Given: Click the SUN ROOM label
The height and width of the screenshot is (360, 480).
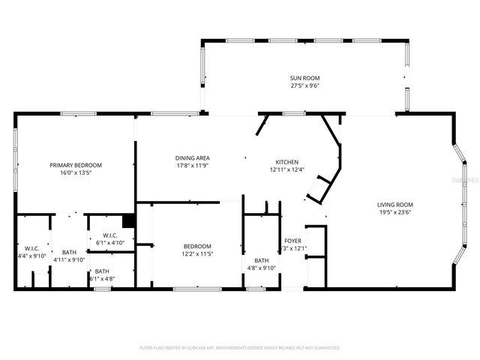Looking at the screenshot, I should (305, 78).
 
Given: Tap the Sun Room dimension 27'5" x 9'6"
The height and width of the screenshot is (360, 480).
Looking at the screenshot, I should (305, 85).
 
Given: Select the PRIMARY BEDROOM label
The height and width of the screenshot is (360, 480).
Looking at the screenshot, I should (76, 165).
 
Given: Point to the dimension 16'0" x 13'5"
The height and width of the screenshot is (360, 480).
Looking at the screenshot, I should (76, 172).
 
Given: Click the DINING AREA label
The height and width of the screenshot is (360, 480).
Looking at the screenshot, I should (193, 157).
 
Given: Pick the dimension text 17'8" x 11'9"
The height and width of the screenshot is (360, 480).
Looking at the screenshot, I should (193, 165).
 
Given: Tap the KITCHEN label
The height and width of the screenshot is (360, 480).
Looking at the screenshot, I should (286, 162).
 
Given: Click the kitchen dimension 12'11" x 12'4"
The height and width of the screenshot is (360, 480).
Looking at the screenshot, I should (286, 169).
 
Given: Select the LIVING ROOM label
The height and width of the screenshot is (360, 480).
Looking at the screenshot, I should (394, 204).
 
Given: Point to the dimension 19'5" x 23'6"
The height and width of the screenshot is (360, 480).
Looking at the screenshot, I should (394, 211).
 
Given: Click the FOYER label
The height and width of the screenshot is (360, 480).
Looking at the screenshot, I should (292, 241).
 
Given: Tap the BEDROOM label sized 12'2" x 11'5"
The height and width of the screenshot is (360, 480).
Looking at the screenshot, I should (198, 246).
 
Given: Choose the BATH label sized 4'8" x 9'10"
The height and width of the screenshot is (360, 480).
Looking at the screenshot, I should (262, 260).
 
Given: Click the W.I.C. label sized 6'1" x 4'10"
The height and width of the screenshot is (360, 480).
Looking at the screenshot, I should (111, 235).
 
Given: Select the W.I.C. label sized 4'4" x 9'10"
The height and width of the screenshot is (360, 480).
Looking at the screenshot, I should (31, 248).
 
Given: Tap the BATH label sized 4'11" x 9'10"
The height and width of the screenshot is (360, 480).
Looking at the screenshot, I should (69, 252).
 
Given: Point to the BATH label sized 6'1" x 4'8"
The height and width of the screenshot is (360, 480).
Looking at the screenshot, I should (101, 271).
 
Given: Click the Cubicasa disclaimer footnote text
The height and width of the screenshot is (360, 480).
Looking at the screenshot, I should (240, 348).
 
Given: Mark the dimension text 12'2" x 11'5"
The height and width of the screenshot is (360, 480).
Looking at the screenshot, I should (198, 253).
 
